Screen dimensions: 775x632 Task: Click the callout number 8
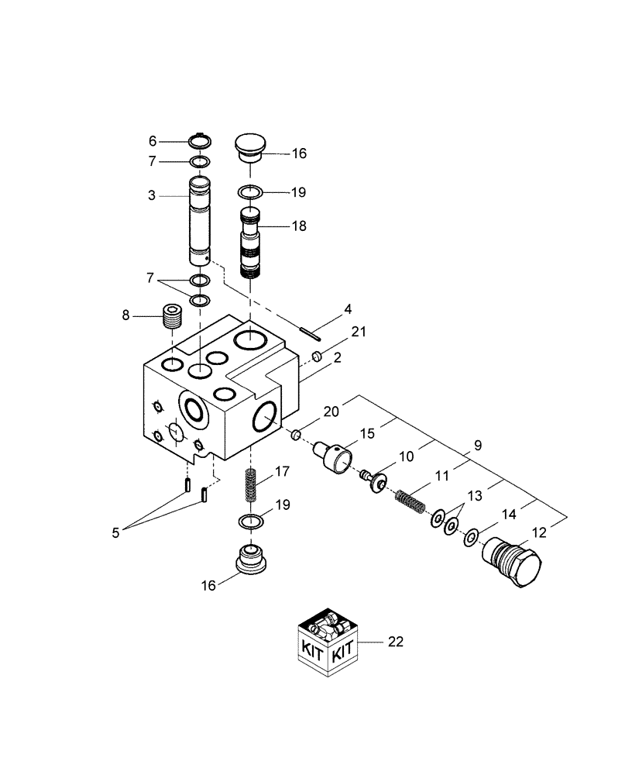tap(126, 316)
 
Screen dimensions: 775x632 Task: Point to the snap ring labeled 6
tap(200, 141)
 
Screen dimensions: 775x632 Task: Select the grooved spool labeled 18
tap(251, 245)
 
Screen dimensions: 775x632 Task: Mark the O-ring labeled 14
tap(472, 537)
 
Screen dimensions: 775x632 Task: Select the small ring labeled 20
tap(296, 436)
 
